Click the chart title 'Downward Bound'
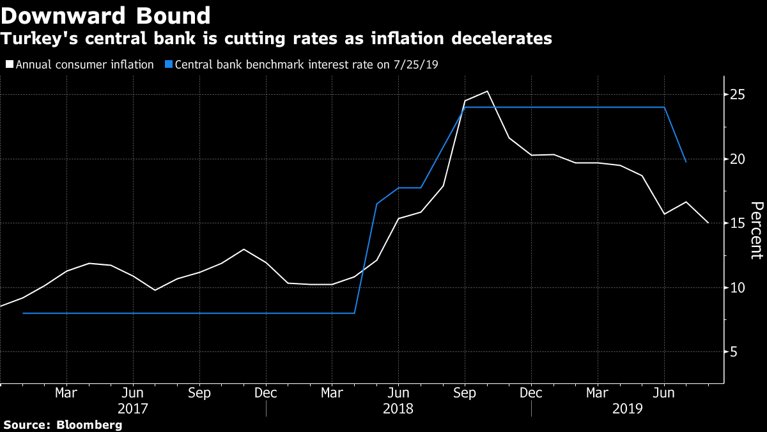point(106,15)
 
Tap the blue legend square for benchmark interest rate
point(168,64)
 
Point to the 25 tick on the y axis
point(739,95)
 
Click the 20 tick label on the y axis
point(739,159)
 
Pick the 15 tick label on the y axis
point(739,223)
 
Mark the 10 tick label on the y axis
point(739,287)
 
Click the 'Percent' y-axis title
point(756,230)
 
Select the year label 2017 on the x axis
point(132,408)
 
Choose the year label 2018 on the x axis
point(398,408)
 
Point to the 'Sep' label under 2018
point(465,392)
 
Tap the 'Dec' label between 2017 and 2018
point(265,392)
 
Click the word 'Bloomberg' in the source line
point(89,424)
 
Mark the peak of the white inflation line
point(488,91)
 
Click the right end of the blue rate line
point(686,162)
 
